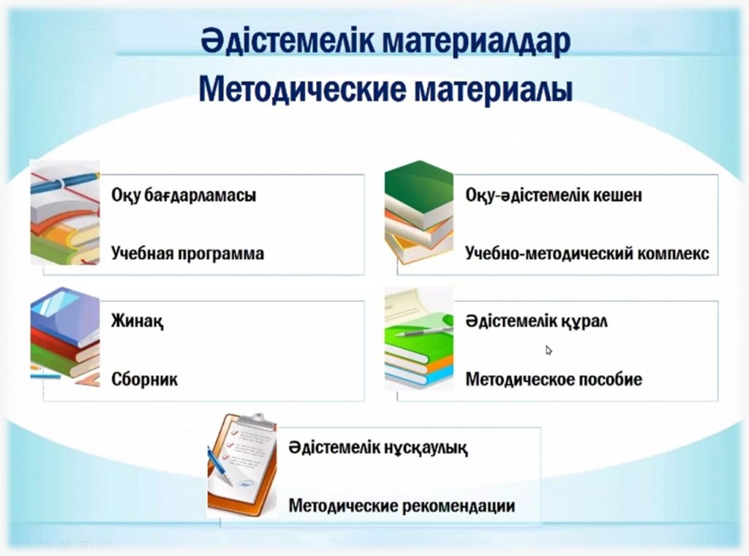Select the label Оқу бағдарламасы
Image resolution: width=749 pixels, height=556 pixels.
[x=184, y=196]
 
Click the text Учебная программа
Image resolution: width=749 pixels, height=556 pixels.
[x=187, y=253]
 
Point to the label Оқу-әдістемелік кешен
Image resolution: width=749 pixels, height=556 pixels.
[x=554, y=195]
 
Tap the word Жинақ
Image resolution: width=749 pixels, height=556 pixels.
[x=137, y=321]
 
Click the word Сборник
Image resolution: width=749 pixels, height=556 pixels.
[x=144, y=379]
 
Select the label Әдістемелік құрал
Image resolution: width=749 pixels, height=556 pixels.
[x=536, y=321]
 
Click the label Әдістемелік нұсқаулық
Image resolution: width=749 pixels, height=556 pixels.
[x=378, y=448]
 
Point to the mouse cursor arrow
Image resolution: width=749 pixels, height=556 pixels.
[x=549, y=350]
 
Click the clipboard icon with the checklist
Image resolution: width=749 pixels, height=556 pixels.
[x=241, y=465]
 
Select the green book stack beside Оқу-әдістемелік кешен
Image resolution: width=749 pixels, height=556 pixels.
[x=419, y=212]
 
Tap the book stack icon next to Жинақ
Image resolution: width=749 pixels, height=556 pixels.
[x=65, y=337]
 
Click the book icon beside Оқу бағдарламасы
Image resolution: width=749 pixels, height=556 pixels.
[x=65, y=213]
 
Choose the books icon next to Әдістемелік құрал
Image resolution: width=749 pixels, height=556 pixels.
[x=419, y=339]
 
